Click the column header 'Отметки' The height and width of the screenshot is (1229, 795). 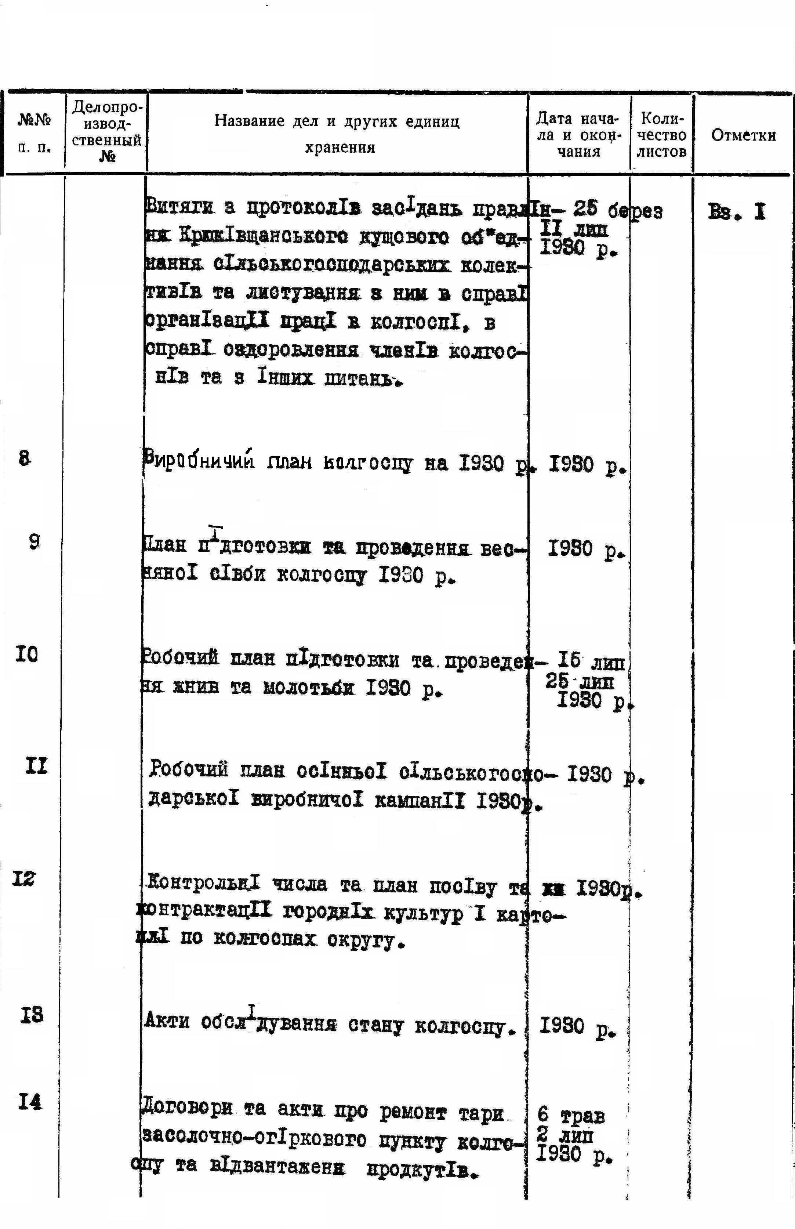(x=743, y=135)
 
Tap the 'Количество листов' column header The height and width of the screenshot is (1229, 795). (x=661, y=135)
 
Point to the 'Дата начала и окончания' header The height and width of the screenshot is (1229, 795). (x=578, y=135)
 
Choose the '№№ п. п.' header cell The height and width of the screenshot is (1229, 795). (x=35, y=134)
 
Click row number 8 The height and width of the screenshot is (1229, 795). (x=24, y=458)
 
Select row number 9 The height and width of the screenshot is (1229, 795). (x=34, y=541)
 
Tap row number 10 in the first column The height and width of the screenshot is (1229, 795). (x=27, y=655)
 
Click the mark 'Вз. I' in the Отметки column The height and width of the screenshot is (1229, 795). (x=737, y=212)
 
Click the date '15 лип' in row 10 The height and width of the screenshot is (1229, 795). (x=591, y=661)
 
